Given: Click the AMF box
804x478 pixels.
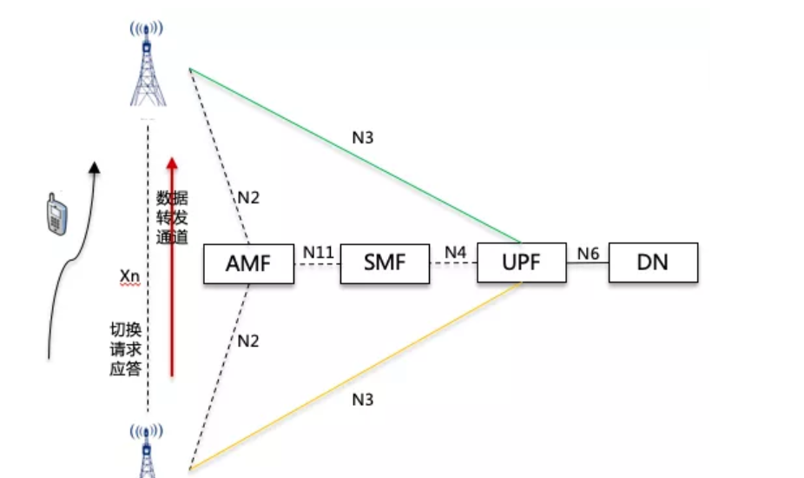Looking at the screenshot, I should click(x=248, y=262).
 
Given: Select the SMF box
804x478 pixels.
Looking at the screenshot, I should click(x=385, y=262).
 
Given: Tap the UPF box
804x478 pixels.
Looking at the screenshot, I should click(x=521, y=262).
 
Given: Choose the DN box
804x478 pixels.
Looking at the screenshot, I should click(x=653, y=262).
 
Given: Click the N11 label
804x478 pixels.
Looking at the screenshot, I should click(x=318, y=252).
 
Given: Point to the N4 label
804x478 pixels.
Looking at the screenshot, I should click(x=455, y=252).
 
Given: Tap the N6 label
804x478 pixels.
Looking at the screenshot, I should click(x=588, y=252).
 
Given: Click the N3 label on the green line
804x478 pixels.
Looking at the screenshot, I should click(x=363, y=137).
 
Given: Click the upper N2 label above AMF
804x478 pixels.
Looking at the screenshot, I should click(x=248, y=197).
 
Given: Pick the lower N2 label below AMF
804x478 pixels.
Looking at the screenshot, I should click(x=248, y=341).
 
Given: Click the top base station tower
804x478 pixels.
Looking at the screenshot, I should click(x=147, y=65).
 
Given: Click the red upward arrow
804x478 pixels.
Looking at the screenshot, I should click(x=172, y=261).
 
